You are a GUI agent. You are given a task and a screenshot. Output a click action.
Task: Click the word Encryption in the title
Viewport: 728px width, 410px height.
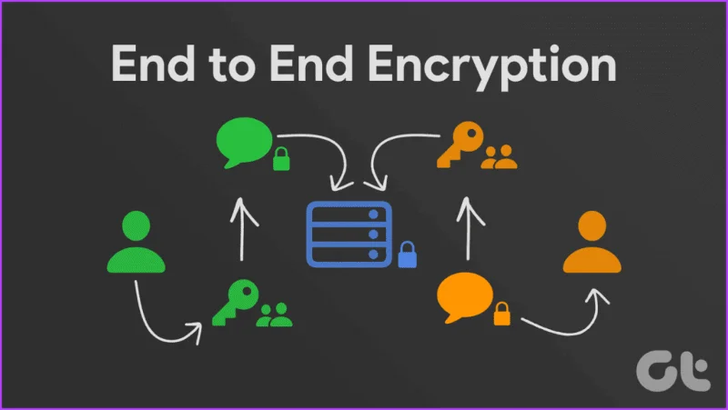pyautogui.click(x=492, y=65)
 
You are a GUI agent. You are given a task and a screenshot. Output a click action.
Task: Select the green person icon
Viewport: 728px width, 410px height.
pyautogui.click(x=136, y=242)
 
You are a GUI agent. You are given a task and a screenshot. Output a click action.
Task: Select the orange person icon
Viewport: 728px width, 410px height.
pyautogui.click(x=592, y=242)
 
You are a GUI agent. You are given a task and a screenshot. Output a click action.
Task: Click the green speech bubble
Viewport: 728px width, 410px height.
pyautogui.click(x=244, y=141)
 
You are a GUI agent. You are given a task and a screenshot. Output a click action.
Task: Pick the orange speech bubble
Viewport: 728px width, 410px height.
pyautogui.click(x=464, y=295)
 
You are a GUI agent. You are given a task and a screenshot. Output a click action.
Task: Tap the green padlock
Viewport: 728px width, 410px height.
pyautogui.click(x=281, y=158)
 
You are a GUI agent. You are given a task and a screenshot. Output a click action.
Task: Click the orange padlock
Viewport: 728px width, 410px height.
pyautogui.click(x=501, y=314)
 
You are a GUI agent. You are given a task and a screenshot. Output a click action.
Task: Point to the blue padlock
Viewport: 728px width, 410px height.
pyautogui.click(x=407, y=255)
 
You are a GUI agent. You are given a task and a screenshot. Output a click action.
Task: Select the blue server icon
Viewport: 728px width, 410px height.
pyautogui.click(x=349, y=235)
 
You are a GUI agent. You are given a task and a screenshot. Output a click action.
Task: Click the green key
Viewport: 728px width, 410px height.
pyautogui.click(x=236, y=302)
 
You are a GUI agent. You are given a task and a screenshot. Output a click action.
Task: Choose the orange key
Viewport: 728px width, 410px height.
pyautogui.click(x=460, y=145)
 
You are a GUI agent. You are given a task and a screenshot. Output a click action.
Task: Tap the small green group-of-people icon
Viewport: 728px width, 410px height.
pyautogui.click(x=275, y=315)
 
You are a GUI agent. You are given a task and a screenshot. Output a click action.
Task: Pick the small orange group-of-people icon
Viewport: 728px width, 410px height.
pyautogui.click(x=499, y=156)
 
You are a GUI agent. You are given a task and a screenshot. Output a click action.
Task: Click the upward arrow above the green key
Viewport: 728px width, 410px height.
pyautogui.click(x=242, y=229)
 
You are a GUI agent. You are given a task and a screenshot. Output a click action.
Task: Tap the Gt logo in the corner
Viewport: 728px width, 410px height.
pyautogui.click(x=673, y=371)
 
